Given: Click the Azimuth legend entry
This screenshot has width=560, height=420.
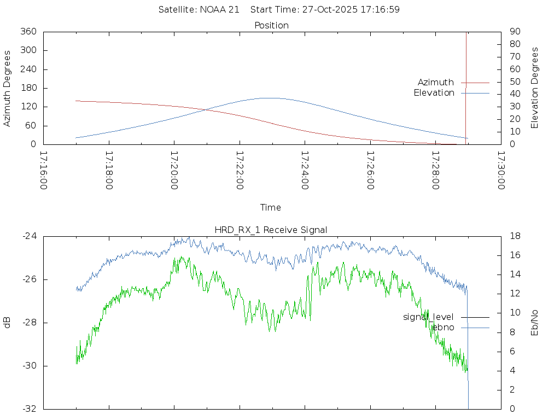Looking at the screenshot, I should pos(436,83).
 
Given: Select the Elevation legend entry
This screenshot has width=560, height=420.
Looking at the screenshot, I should pos(434,93).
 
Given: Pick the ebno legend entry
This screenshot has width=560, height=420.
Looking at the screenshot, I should pos(444,328).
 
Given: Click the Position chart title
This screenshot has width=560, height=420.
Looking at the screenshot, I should pos(272,26).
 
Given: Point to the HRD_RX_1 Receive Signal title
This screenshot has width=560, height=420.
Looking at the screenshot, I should pos(272,230).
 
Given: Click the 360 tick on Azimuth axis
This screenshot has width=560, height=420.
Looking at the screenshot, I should pos(28,32).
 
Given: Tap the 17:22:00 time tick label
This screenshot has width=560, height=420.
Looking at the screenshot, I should pos(240,170).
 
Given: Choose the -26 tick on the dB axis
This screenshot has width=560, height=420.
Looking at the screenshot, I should pos(29,279).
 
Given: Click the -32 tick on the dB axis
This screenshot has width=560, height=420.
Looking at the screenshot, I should pos(29,409).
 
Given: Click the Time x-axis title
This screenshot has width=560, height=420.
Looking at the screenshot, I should pos(271,208).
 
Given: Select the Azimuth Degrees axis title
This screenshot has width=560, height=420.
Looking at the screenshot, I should pos(8,88).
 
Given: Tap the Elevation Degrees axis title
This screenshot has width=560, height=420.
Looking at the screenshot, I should pos(535,88).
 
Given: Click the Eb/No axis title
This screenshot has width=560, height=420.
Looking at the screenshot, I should pos(535,323).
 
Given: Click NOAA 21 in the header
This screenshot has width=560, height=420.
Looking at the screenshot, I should pos(218,10).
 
